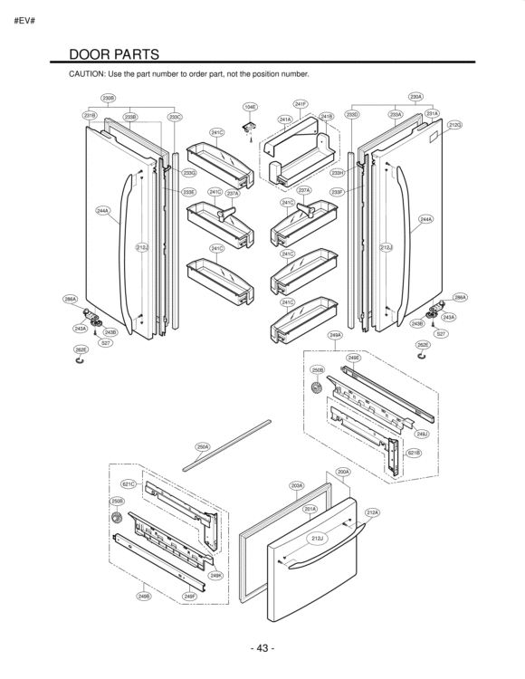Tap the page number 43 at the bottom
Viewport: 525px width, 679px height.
262,648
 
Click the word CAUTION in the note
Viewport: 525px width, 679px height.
89,73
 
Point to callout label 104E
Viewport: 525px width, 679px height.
250,107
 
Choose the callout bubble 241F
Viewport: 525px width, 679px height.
301,104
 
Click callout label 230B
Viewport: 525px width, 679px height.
108,97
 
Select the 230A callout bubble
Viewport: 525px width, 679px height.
416,96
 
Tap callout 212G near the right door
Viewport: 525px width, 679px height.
455,125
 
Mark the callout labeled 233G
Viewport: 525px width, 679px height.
189,172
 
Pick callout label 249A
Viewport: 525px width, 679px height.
335,335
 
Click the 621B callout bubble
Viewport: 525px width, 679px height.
413,453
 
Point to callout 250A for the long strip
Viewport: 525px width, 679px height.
203,446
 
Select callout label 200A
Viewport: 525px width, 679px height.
343,472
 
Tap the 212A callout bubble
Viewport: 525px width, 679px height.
372,512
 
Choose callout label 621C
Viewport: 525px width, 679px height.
129,484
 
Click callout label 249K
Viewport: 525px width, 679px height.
215,575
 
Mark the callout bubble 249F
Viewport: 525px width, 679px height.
189,597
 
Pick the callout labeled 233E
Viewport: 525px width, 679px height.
188,192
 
